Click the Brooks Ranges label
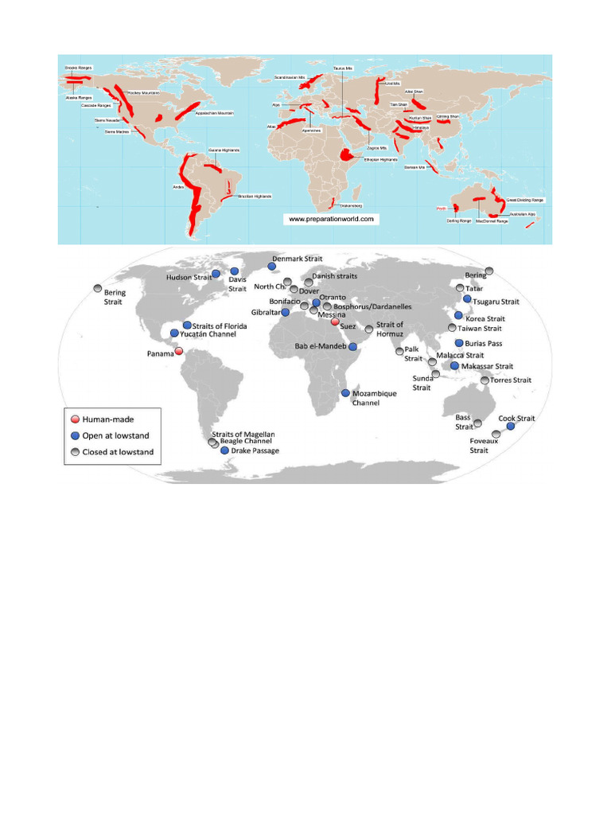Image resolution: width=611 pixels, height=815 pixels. pos(78,68)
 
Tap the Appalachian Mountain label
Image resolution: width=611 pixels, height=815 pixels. pos(214,113)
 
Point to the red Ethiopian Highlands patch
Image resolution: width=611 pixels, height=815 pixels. pos(348,153)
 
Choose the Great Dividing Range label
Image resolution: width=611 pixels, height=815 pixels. pos(524,201)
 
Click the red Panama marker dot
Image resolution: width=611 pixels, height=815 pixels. pos(179,352)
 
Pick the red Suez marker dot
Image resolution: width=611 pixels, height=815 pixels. pos(335,322)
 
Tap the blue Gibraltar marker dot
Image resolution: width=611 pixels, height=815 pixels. pos(286,313)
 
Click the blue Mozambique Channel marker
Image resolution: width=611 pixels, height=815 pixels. pos(344,393)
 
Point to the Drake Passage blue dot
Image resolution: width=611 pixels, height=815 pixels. pos(225,450)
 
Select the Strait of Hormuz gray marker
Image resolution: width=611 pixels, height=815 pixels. pos(369,329)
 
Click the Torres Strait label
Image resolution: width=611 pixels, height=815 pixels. pos(510,380)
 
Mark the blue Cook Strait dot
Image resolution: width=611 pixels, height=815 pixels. pos(511,427)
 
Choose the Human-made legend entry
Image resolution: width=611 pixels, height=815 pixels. pos(103,419)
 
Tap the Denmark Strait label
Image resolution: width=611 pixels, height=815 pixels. pos(302,259)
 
